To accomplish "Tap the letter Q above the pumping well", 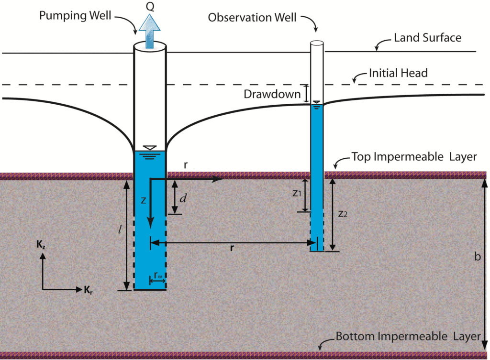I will coord(150,6).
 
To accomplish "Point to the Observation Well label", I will coord(252,18).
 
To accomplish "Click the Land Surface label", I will coord(427,37).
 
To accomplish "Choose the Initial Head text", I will coord(398,74).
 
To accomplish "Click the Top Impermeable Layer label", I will coord(414,157).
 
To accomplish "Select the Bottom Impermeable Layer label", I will coord(408,336).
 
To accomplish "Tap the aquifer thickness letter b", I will coord(477,257).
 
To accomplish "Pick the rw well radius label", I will coord(158,275).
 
